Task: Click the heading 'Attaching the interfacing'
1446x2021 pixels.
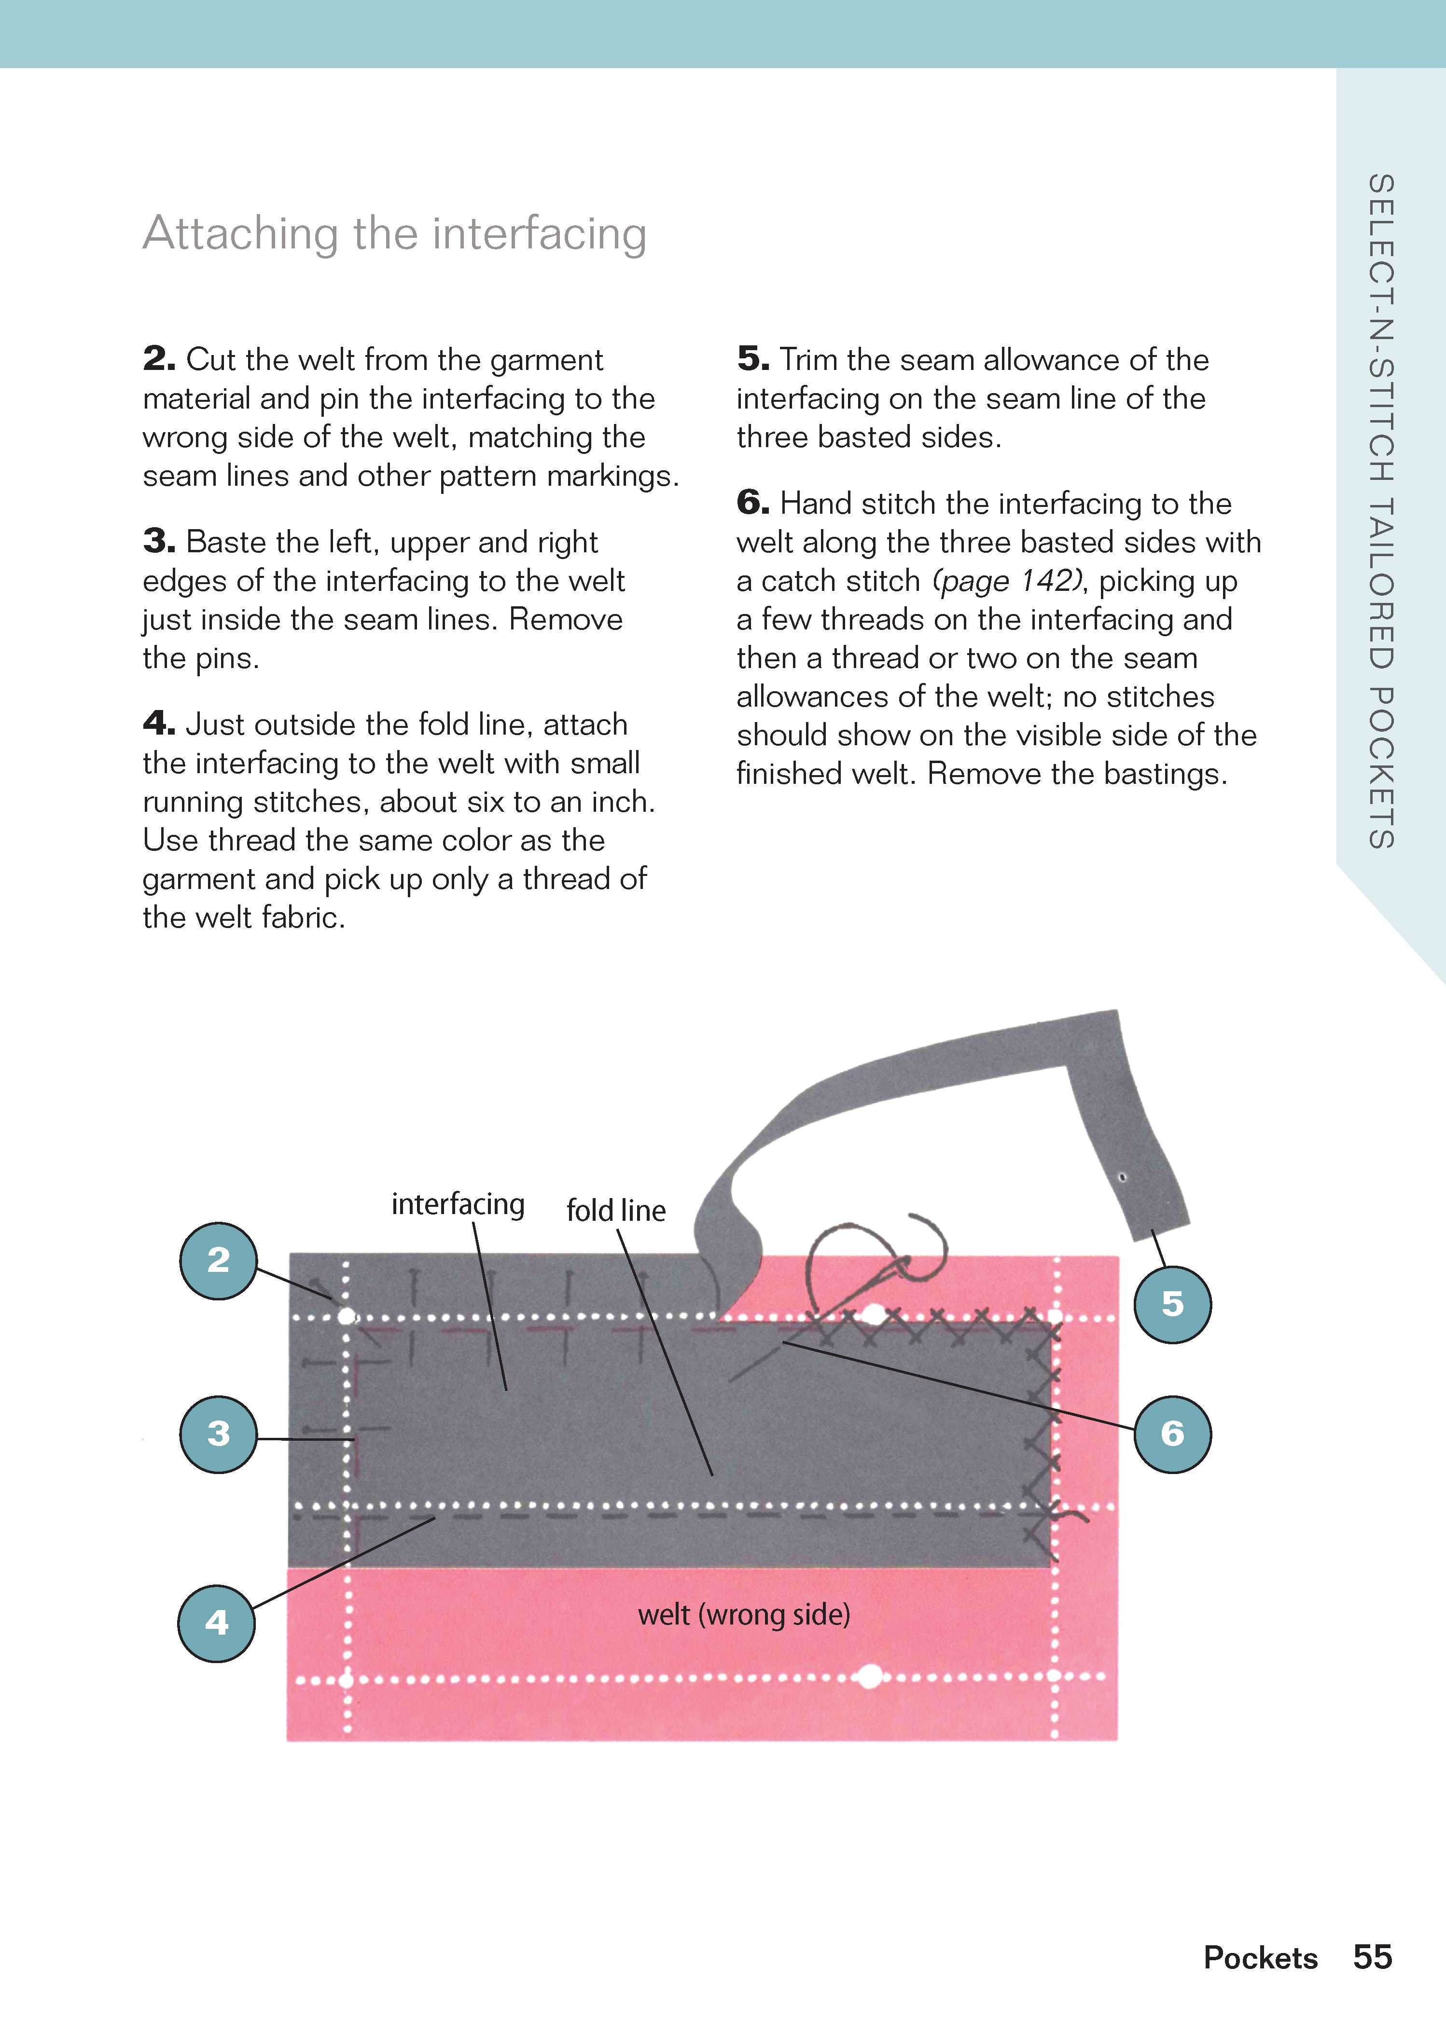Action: (394, 234)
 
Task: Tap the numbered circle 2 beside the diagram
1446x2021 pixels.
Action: (218, 1260)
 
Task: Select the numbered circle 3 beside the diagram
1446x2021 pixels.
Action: (218, 1434)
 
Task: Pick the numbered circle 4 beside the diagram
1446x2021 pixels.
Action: (216, 1623)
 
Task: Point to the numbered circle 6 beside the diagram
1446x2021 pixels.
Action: (1172, 1434)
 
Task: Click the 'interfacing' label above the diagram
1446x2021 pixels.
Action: (458, 1204)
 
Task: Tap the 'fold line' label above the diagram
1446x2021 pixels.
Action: (616, 1210)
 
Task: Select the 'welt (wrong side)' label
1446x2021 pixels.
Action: (743, 1614)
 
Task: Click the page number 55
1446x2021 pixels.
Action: (1372, 1957)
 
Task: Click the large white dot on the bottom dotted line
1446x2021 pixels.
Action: (870, 1678)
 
